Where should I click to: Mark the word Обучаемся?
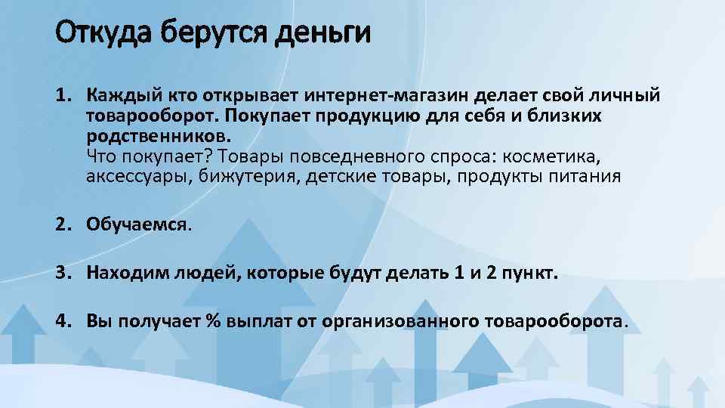137,224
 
